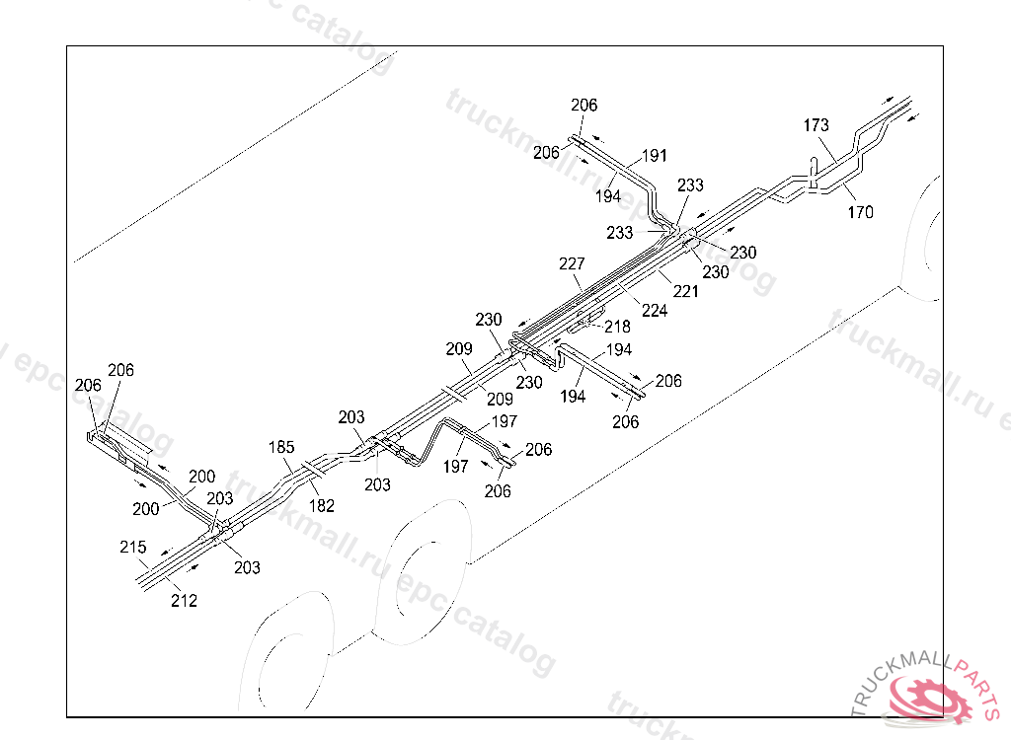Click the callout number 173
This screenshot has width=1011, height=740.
click(x=816, y=125)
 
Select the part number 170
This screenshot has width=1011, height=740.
click(x=860, y=211)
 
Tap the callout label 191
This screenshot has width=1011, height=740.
click(x=655, y=156)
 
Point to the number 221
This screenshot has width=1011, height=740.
click(x=685, y=291)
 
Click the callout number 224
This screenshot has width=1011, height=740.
click(x=655, y=310)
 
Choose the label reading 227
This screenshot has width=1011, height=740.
click(x=572, y=264)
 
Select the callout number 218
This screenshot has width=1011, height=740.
click(x=617, y=327)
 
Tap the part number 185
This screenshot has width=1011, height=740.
click(x=281, y=447)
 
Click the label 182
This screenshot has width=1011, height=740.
click(x=321, y=506)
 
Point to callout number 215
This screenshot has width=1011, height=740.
click(x=133, y=547)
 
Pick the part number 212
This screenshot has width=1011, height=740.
click(x=184, y=600)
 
